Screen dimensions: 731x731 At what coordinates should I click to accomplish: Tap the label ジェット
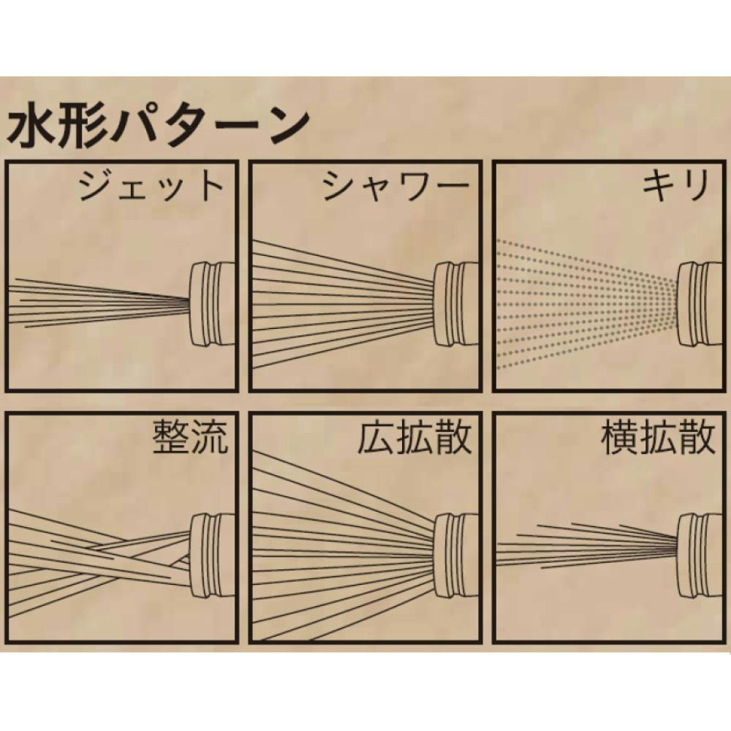pyautogui.click(x=150, y=186)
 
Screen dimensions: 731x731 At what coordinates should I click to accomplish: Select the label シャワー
pyautogui.click(x=395, y=186)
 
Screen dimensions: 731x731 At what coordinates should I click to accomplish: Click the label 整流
pyautogui.click(x=191, y=437)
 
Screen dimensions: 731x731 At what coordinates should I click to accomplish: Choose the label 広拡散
pyautogui.click(x=414, y=437)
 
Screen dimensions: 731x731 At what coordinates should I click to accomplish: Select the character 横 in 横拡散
pyautogui.click(x=620, y=437)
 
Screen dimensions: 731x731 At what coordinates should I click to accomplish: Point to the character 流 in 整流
pyautogui.click(x=211, y=437)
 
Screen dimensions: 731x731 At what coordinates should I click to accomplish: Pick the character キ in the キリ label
pyautogui.click(x=659, y=186)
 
